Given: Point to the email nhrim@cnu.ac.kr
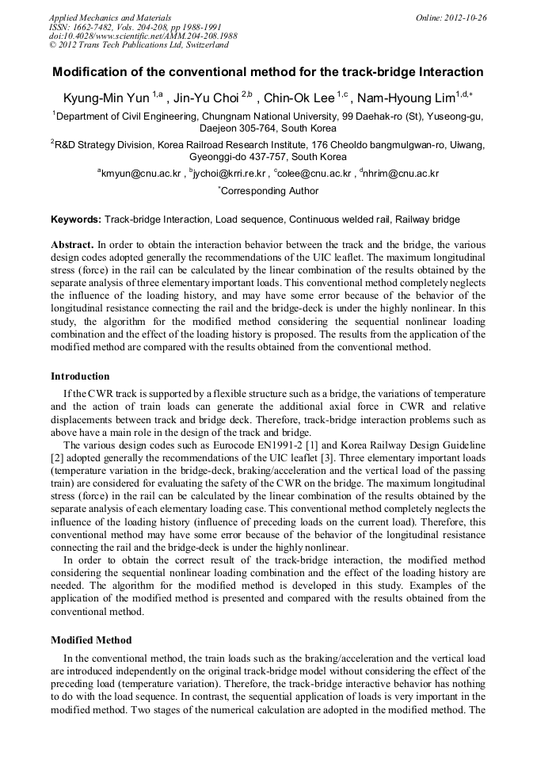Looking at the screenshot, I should pyautogui.click(x=401, y=174).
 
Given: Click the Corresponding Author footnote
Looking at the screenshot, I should pyautogui.click(x=268, y=191).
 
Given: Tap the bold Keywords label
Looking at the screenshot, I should pyautogui.click(x=76, y=220).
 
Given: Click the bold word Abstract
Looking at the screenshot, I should pyautogui.click(x=72, y=246).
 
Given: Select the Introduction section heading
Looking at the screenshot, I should pyautogui.click(x=80, y=376).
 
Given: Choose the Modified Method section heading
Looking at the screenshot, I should pyautogui.click(x=91, y=640).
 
